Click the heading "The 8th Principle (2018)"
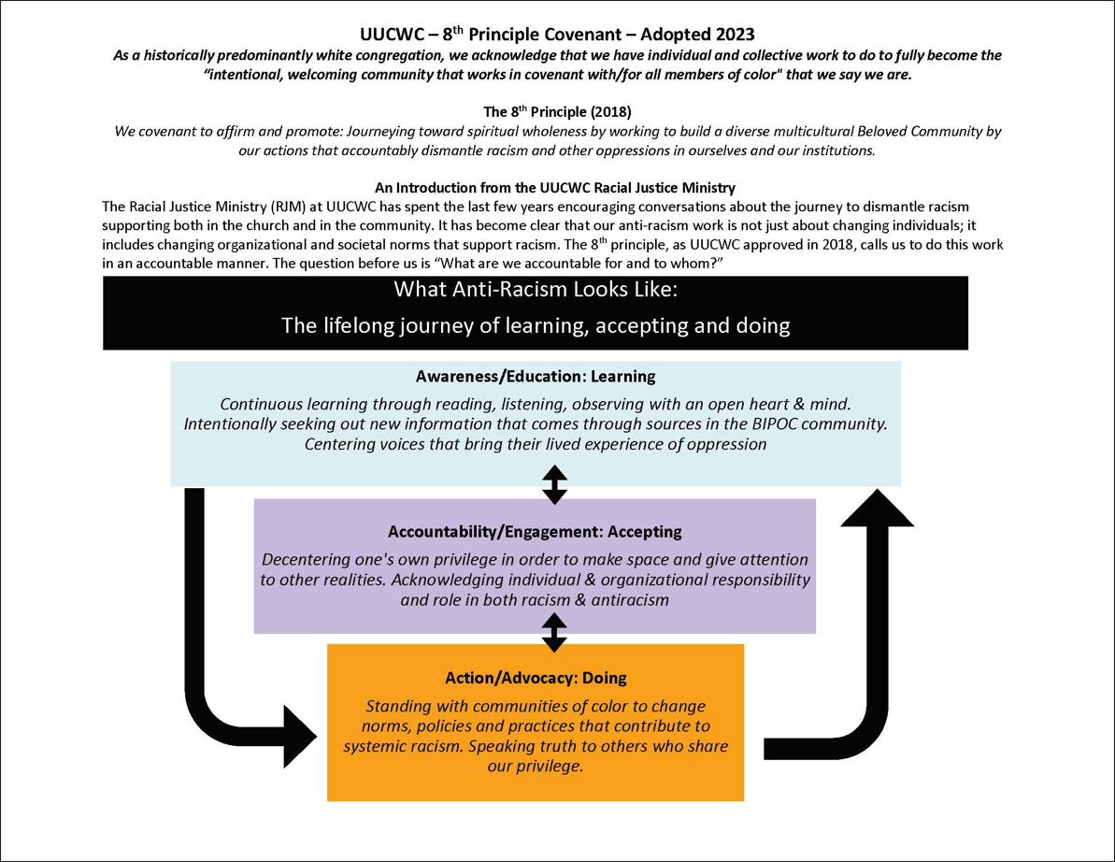[557, 111]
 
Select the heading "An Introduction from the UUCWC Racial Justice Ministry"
[554, 188]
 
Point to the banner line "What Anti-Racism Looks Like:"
[536, 290]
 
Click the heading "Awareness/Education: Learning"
[536, 376]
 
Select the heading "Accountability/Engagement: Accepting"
[535, 531]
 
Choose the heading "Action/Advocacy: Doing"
[536, 678]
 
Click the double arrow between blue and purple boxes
[554, 485]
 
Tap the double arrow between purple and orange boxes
[554, 633]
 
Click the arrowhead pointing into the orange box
[299, 737]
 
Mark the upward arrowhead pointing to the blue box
[877, 508]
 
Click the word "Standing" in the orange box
[399, 706]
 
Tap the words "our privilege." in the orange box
[536, 766]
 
